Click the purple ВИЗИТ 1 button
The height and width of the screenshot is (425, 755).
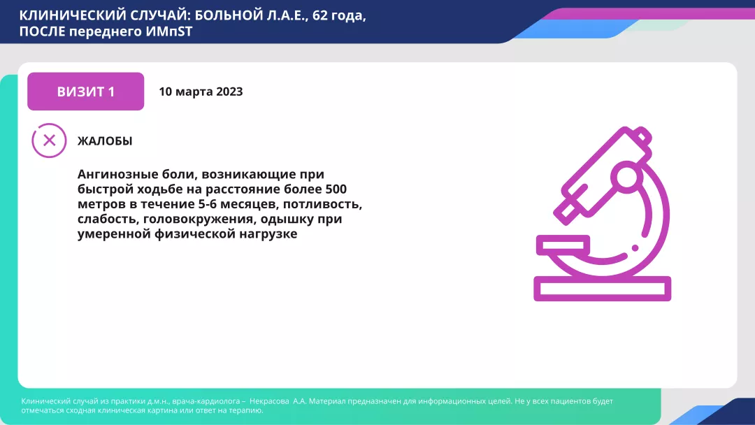click(85, 92)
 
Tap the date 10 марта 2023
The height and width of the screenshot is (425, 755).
click(201, 92)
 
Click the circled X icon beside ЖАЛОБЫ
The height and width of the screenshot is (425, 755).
click(49, 140)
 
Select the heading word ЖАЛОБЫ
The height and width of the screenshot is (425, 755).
click(105, 141)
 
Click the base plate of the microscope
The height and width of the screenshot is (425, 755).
click(602, 289)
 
